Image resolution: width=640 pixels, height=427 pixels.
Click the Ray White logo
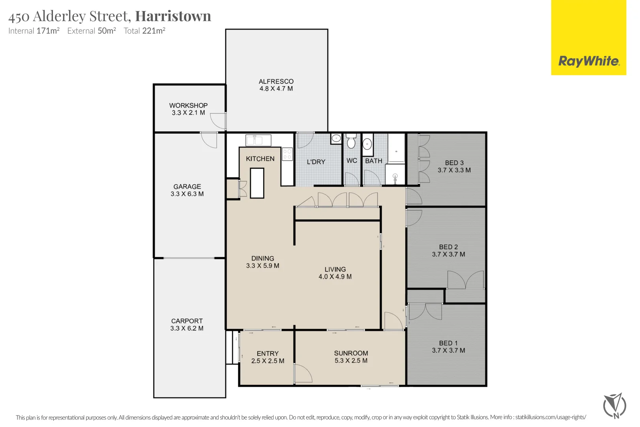coord(588,61)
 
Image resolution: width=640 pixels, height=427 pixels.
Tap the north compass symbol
coord(614,405)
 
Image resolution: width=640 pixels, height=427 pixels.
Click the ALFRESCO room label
coord(276,81)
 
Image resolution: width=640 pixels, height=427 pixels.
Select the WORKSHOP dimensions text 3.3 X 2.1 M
coord(188,113)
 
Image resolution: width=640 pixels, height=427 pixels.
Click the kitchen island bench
coord(257,183)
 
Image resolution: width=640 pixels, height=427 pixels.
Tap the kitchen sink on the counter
coord(258,140)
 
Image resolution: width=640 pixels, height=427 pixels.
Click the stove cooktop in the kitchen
coord(287,154)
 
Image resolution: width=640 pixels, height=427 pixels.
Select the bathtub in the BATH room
coord(396,148)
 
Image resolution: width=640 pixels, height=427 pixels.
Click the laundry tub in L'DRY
coord(336,138)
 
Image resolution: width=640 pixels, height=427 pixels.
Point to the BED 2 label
coord(448,247)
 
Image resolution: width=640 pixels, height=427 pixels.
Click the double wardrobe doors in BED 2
coord(466,280)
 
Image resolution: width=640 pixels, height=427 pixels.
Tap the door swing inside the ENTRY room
coord(303,374)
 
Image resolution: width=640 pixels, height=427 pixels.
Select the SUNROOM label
coord(351,353)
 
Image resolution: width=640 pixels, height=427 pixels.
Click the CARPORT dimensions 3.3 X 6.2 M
coord(187,328)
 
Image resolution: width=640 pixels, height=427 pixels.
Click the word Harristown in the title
coord(173,16)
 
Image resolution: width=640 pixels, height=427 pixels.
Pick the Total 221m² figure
coord(144,31)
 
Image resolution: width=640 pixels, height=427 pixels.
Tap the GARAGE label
coord(187,187)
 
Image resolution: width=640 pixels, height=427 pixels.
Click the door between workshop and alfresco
coord(218,121)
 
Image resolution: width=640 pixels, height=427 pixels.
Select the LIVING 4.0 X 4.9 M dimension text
coord(335,277)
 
